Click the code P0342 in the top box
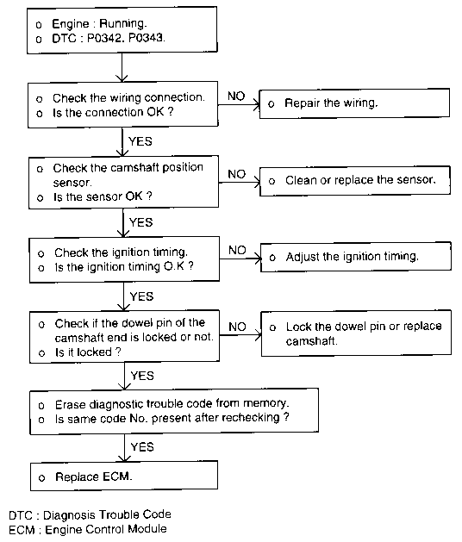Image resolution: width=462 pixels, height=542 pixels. coord(105,38)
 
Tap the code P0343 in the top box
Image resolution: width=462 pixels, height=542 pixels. coord(147,37)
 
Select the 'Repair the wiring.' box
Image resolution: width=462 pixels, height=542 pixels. coord(354,103)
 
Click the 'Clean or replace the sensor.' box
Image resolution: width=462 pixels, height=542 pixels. coord(355,181)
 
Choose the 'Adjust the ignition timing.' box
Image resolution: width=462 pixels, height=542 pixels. coord(355,257)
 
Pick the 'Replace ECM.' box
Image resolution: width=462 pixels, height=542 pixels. coord(124,476)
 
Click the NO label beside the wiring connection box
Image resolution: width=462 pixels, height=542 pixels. coord(236,97)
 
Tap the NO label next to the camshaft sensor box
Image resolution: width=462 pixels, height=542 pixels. coord(236,174)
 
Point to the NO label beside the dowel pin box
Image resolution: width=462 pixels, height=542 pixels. coord(237,327)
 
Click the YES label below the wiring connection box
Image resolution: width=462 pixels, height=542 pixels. coord(140,141)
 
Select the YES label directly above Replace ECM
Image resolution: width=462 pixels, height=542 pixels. coord(142,447)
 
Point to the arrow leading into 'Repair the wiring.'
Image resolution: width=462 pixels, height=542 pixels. coord(239,104)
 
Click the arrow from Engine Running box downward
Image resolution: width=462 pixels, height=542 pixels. coord(122,67)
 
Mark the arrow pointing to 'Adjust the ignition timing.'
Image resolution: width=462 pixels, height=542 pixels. coord(240,259)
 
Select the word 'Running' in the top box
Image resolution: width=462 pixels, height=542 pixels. coord(122,23)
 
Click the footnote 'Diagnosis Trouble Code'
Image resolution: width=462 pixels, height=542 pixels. coord(107,514)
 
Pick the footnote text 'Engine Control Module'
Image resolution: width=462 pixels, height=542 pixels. coord(106,529)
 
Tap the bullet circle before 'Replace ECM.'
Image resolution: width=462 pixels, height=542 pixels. coord(42,478)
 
